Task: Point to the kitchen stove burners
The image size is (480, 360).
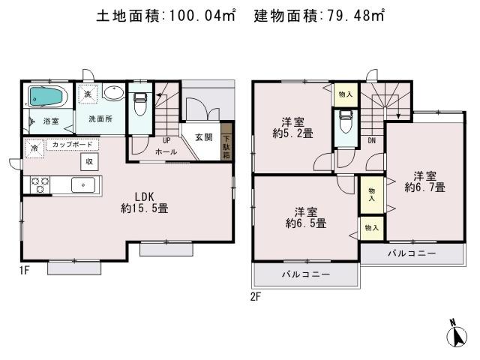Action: point(39,184)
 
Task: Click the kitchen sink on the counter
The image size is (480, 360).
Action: point(82,184)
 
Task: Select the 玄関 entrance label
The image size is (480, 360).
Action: point(203,137)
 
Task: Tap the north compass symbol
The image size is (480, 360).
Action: point(457,334)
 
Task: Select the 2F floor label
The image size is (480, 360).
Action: point(256,296)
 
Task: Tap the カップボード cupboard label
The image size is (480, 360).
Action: point(72,144)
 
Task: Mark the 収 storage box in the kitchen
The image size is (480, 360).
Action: point(88,161)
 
